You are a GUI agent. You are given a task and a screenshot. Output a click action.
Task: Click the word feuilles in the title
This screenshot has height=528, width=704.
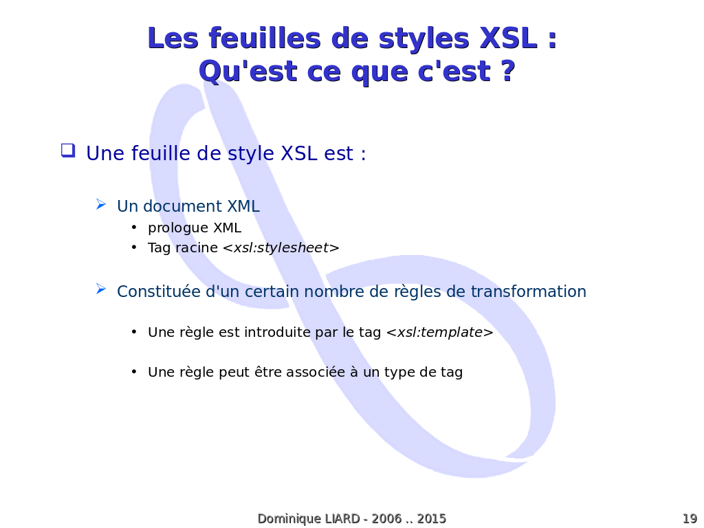coord(265,38)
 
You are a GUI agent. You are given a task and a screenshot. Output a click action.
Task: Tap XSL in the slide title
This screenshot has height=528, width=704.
coord(508,38)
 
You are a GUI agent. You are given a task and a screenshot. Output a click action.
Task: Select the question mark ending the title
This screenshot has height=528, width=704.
coord(507,71)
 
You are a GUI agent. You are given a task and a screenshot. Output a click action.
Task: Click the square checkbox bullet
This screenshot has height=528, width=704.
coord(68,151)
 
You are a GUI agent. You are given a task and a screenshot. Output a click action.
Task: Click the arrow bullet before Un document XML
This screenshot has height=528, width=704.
coord(101,205)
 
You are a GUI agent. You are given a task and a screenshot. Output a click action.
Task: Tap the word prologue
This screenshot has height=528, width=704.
coord(178,228)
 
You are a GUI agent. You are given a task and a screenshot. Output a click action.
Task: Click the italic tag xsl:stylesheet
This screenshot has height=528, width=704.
coord(281,247)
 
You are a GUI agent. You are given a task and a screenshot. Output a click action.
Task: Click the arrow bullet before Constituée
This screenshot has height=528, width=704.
coord(101,289)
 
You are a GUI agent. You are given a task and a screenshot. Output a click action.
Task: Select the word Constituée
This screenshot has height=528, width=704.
coord(159,291)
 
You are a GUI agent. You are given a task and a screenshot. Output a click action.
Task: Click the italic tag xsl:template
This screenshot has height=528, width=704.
coord(440,333)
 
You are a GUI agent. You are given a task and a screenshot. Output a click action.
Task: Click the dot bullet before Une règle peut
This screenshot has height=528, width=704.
coord(134,372)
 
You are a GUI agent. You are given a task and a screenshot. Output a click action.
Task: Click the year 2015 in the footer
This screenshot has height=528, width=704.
coord(432,518)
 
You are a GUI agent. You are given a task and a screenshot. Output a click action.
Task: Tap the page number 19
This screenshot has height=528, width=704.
coord(690,518)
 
